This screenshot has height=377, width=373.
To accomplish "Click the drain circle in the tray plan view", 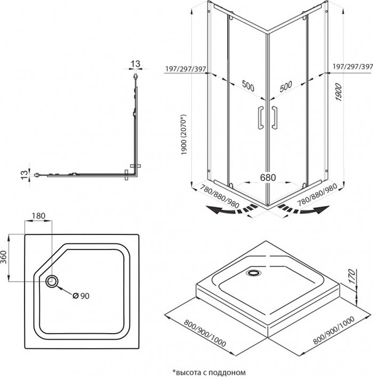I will (x=51, y=282).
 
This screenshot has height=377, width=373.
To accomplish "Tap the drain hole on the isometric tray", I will (x=255, y=273).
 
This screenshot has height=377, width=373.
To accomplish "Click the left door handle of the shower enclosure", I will (x=260, y=119).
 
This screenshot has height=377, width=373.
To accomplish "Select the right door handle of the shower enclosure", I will (x=276, y=119).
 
